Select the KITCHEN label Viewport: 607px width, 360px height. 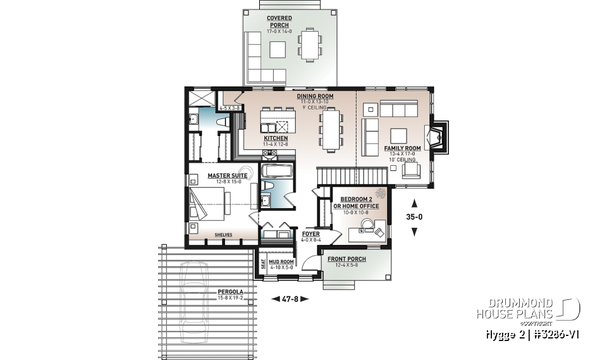(x=276, y=138)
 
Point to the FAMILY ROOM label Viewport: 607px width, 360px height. (x=402, y=148)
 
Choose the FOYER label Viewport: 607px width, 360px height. (x=310, y=233)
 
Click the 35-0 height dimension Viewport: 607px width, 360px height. (x=415, y=218)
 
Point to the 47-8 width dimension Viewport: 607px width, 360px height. (x=290, y=299)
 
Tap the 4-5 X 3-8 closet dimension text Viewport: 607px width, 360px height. (x=228, y=108)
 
